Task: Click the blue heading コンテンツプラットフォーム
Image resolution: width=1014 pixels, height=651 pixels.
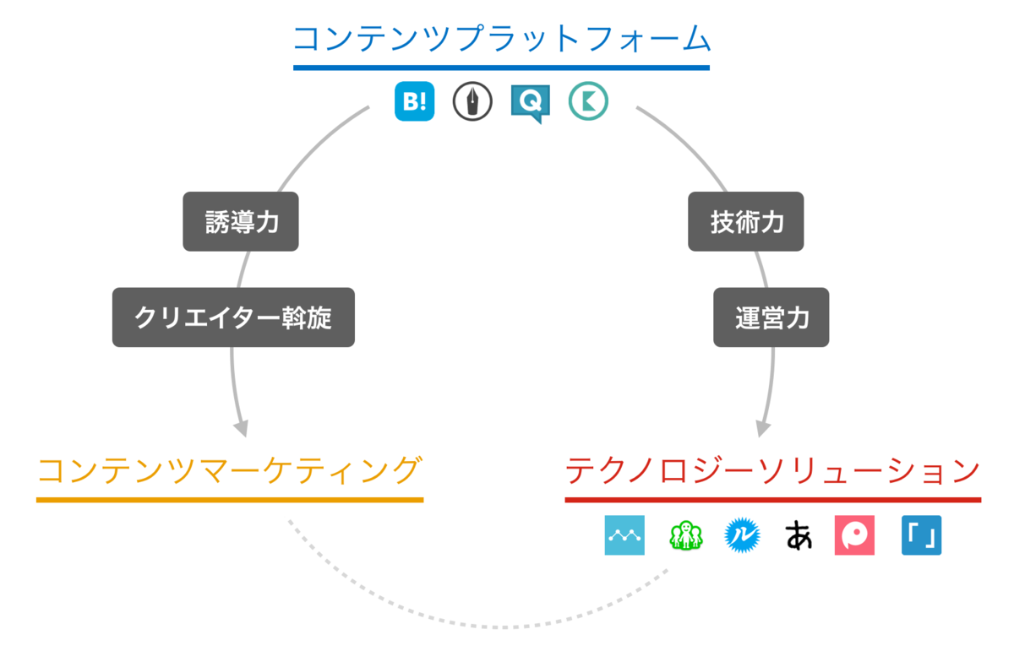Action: pos(501,39)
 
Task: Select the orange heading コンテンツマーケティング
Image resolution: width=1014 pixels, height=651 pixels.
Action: pos(229,470)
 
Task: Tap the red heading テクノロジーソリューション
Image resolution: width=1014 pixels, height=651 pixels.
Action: pos(772,470)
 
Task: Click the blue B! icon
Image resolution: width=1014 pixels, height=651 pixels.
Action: pos(414,102)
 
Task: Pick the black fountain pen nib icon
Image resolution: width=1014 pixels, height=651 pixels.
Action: pos(472,102)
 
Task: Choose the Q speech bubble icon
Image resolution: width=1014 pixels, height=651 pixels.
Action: pos(531,103)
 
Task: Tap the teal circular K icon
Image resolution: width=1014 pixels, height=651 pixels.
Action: pos(588,102)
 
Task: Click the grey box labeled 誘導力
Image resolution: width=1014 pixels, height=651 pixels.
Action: pos(241,222)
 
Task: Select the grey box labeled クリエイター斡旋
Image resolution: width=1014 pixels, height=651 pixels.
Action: pos(233,317)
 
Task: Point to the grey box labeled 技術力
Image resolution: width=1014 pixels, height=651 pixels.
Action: pos(745,222)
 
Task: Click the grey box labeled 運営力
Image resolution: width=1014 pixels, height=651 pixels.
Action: pos(771,317)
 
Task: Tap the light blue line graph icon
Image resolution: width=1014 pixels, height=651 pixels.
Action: pos(624,535)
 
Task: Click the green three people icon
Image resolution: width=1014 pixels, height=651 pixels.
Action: pos(685,535)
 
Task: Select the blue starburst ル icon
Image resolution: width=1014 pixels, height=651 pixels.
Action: pos(742,535)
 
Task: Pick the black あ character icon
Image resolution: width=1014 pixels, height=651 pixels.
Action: pos(799,535)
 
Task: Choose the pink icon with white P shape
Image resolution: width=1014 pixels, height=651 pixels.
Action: pos(854,535)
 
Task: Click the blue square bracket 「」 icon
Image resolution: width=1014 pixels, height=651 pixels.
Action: pos(921,535)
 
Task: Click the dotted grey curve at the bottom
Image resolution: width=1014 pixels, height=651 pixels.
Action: pos(499,627)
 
